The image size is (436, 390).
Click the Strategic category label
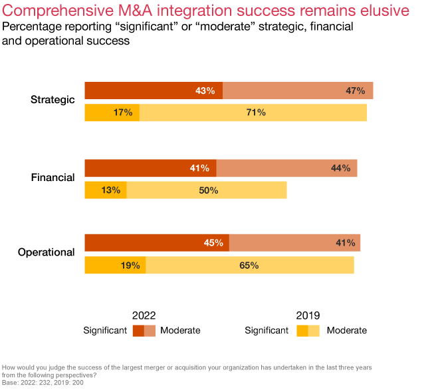pos(53,100)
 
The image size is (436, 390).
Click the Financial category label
pos(53,178)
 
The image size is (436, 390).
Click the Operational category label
pos(46,252)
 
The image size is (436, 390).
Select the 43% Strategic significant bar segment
pos(154,91)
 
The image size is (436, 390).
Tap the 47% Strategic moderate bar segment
pos(298,91)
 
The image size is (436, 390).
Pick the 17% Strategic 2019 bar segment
pos(112,112)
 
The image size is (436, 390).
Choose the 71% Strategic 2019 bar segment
pos(253,112)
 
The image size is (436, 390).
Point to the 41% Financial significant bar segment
pos(150,168)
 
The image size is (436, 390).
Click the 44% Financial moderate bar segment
pos(287,168)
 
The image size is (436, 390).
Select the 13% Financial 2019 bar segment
pos(106,190)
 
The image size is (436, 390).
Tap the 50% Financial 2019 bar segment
pos(207,190)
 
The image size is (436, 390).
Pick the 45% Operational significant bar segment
pos(157,243)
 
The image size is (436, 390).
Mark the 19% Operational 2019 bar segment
pos(115,266)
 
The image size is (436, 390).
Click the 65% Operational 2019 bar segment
pos(250,266)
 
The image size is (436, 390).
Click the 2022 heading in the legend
pos(144,315)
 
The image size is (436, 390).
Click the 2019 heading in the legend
pos(308,315)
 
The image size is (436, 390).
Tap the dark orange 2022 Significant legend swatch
pos(138,331)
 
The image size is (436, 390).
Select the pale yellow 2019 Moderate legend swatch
pos(314,331)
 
